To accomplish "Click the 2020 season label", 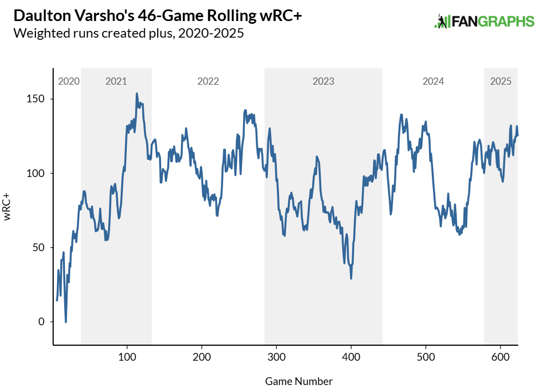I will click(69, 81).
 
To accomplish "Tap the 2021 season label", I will click(116, 81).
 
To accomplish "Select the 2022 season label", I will click(208, 81).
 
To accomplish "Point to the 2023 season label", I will click(323, 81).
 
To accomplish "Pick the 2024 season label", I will click(433, 81).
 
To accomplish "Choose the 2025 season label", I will click(500, 81).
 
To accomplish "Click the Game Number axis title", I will click(298, 381).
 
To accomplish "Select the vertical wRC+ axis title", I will click(7, 207).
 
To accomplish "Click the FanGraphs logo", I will click(484, 22).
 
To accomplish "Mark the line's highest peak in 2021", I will click(137, 93).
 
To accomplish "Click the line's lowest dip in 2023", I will click(351, 278).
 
